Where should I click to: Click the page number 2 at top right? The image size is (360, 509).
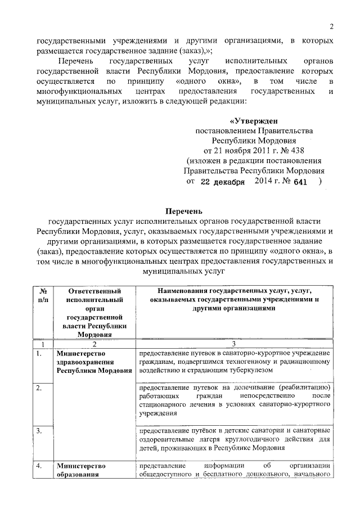[331, 26]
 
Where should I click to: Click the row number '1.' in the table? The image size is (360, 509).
[38, 354]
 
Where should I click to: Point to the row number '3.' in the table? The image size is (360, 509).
[38, 431]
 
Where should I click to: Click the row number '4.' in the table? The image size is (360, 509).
[38, 466]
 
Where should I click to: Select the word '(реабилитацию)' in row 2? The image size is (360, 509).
[305, 389]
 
